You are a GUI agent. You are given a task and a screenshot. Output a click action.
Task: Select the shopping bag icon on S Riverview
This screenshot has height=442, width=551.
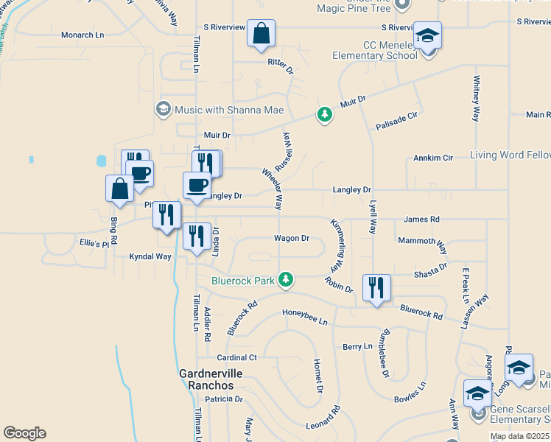[x=261, y=34]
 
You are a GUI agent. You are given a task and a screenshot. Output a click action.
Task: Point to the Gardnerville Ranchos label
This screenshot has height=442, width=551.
[x=206, y=379]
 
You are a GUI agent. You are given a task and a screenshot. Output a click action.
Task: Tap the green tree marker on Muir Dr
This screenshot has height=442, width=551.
[x=323, y=114]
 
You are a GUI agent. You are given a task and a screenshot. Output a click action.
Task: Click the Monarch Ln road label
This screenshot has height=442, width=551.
[x=83, y=35]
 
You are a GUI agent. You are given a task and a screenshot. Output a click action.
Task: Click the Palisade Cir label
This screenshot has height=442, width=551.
[x=396, y=116]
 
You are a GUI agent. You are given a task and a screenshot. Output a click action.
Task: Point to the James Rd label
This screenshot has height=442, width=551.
[x=421, y=220]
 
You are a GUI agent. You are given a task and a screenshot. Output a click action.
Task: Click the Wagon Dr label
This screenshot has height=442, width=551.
[x=291, y=238]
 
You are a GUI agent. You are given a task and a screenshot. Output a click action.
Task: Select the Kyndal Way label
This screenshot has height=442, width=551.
[x=150, y=257]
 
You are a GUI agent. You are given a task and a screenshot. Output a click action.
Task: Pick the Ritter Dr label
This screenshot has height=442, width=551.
[x=280, y=66]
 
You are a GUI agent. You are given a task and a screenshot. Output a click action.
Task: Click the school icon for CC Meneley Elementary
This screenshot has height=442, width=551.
[x=427, y=36]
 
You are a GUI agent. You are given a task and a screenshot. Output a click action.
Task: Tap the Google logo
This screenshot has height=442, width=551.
[x=24, y=433]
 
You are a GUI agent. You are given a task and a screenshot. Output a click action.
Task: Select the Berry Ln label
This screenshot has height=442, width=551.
[x=358, y=346]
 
